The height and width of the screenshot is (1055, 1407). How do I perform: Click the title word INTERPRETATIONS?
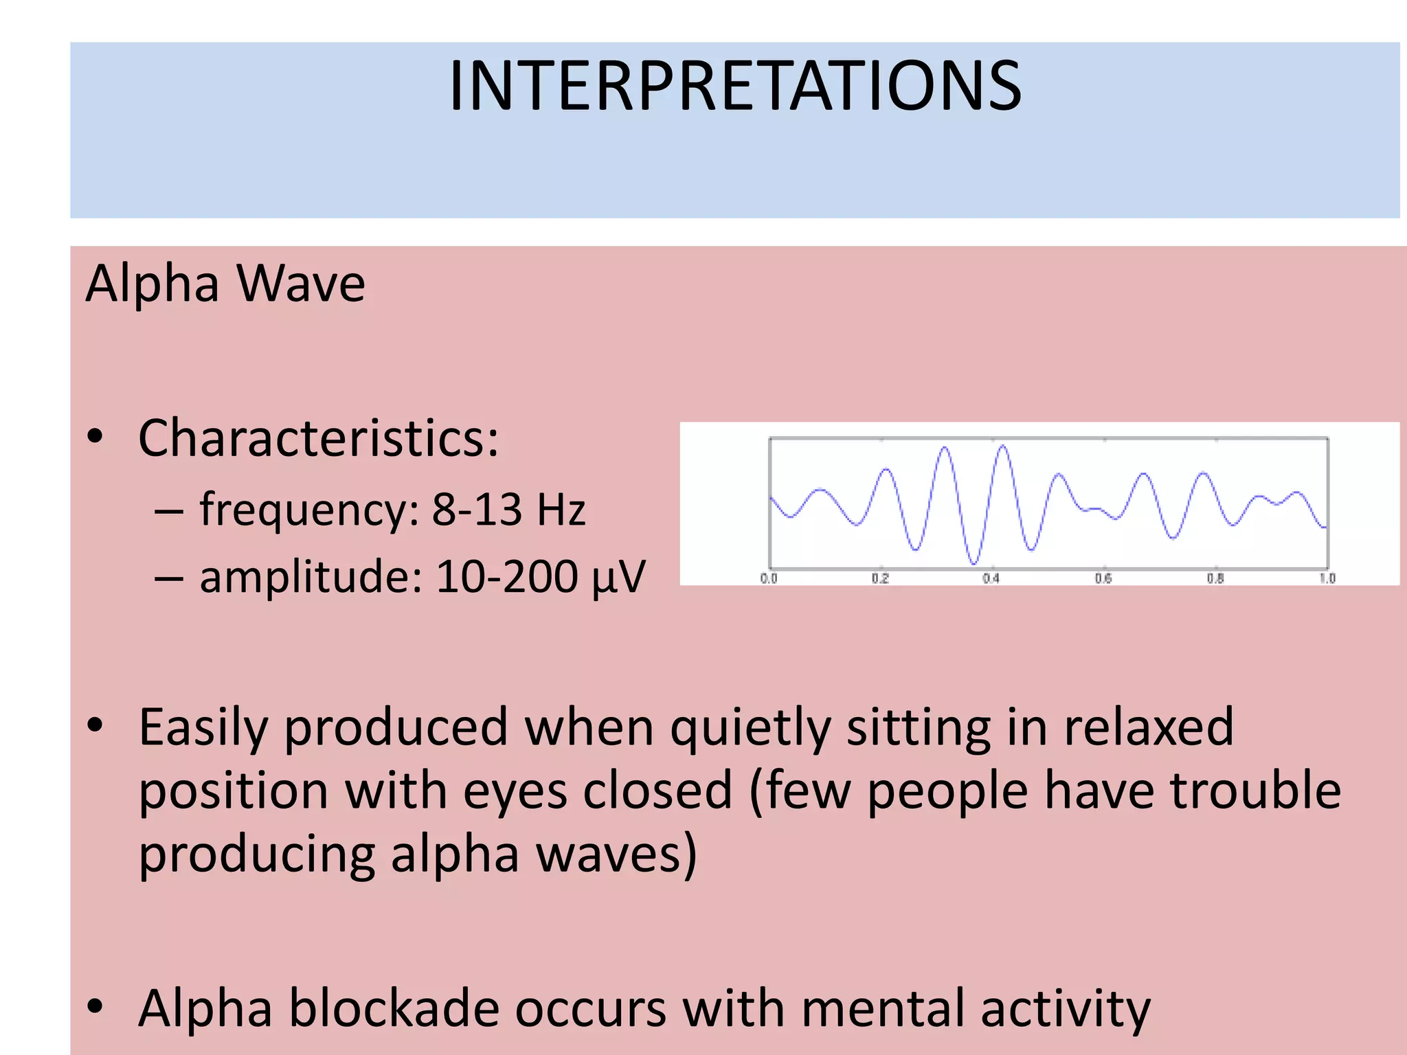(734, 86)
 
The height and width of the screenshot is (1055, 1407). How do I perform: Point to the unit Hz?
(561, 510)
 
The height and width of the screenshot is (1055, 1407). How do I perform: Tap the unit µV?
(619, 577)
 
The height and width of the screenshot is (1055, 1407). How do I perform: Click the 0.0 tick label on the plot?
(769, 578)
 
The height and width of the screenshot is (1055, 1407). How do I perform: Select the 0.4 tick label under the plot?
(991, 578)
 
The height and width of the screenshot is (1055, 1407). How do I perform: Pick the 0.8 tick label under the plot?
(1215, 578)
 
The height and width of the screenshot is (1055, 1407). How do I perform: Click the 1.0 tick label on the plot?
(1327, 578)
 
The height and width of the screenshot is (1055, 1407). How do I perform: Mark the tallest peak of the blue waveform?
(1003, 446)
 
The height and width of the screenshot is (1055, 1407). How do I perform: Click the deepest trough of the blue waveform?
(973, 563)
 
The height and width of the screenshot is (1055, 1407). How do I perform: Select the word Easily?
(203, 728)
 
